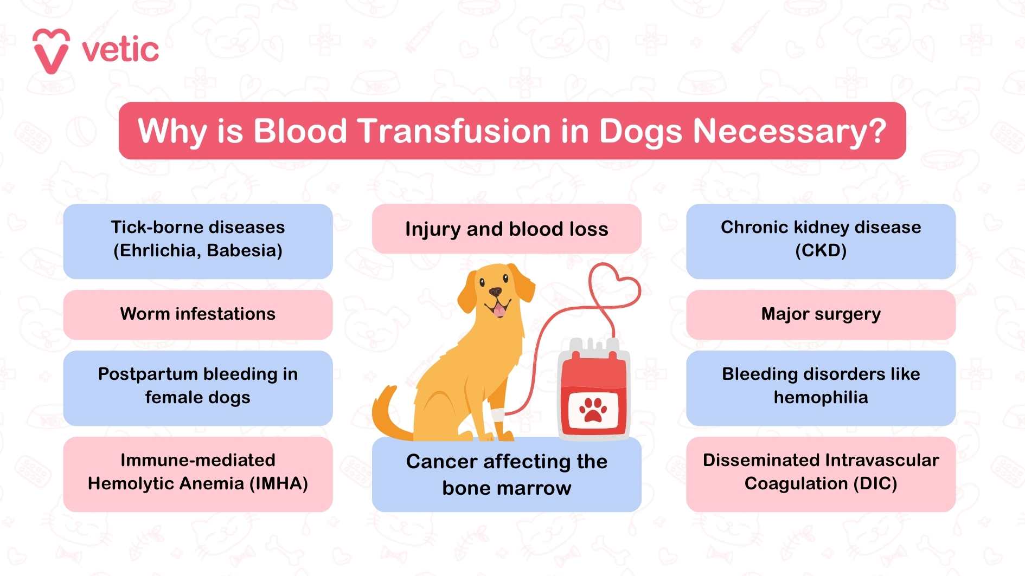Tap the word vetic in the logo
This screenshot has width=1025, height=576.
(120, 50)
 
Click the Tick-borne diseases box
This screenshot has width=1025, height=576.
(198, 241)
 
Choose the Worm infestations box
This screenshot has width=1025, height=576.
(198, 314)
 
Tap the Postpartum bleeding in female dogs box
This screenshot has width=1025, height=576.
(198, 388)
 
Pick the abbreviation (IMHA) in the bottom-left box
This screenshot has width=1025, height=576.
(279, 483)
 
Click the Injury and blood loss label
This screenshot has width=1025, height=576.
(507, 229)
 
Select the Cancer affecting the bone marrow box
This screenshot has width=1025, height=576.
(507, 475)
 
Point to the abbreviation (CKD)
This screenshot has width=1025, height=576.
(821, 250)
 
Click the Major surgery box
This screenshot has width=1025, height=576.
(821, 314)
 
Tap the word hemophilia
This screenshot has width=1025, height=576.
(821, 397)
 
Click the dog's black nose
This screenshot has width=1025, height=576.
(495, 292)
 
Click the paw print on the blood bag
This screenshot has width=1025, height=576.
(593, 409)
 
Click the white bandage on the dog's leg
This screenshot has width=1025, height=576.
(498, 416)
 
